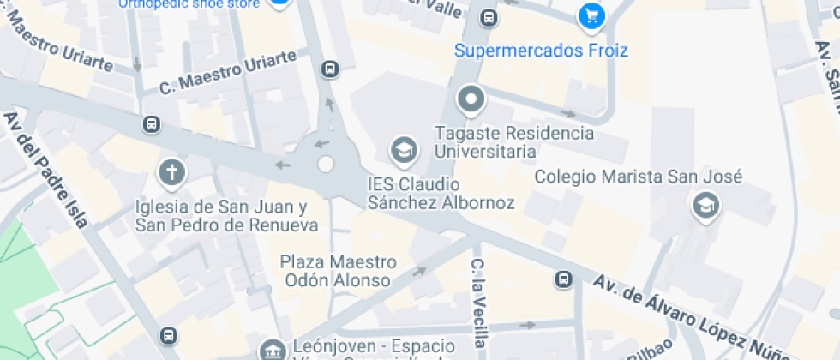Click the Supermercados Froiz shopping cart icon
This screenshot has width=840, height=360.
click(591, 15)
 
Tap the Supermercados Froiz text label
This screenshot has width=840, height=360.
click(541, 51)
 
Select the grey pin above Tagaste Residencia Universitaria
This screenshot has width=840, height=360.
click(471, 101)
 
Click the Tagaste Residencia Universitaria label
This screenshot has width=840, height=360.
click(513, 142)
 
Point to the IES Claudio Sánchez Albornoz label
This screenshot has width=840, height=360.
click(441, 194)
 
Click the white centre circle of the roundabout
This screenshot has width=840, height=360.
click(326, 164)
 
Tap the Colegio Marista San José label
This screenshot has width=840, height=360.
click(638, 177)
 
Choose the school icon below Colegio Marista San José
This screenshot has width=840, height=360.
click(705, 206)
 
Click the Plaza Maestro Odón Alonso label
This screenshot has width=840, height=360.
click(339, 271)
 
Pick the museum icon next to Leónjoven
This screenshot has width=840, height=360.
click(273, 350)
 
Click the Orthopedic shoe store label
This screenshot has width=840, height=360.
click(189, 3)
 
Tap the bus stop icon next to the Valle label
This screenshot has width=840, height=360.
click(489, 17)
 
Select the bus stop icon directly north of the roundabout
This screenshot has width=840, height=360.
click(329, 69)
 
